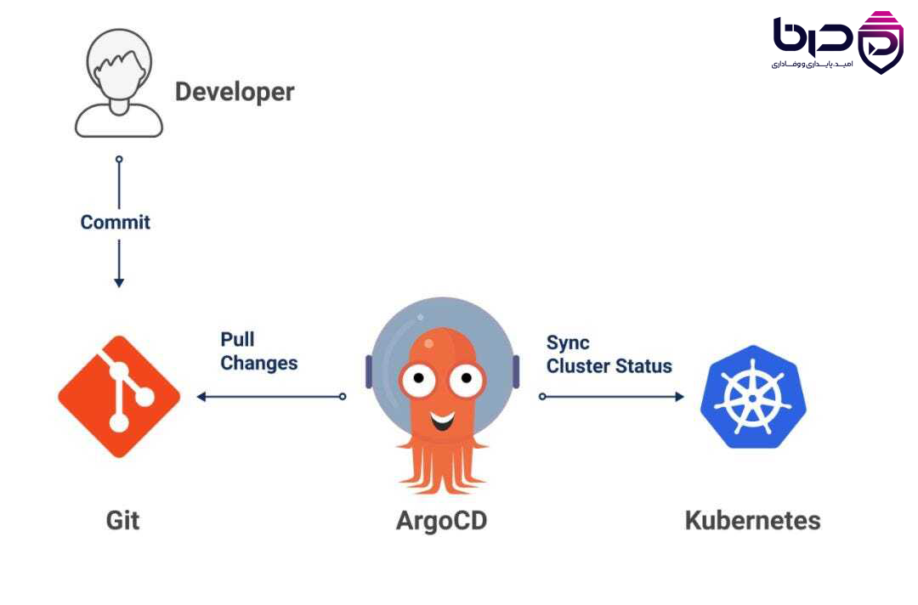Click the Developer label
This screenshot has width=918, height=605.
click(235, 92)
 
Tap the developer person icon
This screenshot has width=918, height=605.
click(119, 82)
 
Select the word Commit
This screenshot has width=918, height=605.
click(116, 223)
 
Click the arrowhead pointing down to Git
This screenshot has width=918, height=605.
click(119, 283)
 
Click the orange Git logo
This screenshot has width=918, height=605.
click(119, 396)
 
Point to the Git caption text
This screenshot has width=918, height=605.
click(123, 520)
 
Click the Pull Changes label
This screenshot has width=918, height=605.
click(258, 351)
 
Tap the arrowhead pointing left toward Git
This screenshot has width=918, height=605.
click(201, 397)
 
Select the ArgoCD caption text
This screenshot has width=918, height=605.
click(441, 520)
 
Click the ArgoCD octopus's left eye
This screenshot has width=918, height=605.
click(418, 379)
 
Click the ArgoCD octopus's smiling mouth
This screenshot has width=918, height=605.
click(443, 420)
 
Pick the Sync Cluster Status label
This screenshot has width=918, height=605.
click(609, 354)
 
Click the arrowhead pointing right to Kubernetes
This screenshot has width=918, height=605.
click(680, 397)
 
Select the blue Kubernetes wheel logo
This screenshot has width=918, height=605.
click(753, 397)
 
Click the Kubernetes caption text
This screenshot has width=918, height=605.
click(752, 520)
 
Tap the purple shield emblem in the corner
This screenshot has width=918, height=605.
click(881, 42)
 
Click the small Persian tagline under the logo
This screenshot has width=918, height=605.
click(812, 64)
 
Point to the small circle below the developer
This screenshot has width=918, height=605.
click(119, 159)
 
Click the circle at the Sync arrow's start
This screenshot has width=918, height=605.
click(542, 397)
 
